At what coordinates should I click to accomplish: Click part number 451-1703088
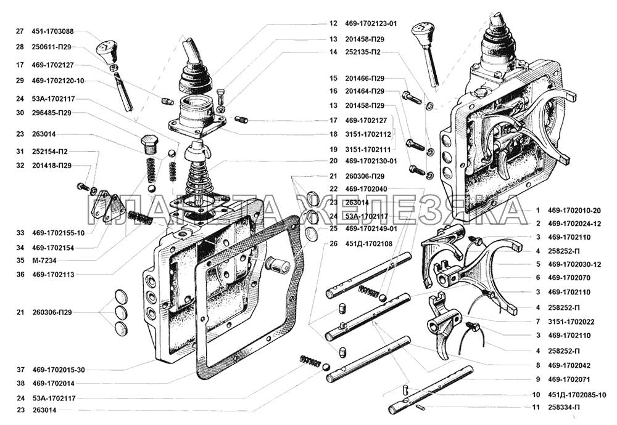coord(52,31)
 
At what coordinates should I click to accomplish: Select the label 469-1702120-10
coord(57,81)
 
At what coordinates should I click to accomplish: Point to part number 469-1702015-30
coord(58,370)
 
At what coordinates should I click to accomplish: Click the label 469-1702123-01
coord(371,23)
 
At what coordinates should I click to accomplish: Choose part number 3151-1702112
coord(368,134)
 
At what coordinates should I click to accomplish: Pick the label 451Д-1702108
coord(368,244)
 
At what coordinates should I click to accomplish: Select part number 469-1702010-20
coord(574,211)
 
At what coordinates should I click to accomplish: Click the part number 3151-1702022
coord(571,322)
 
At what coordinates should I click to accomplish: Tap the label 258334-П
coord(563,408)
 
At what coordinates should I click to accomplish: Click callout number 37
coord(20,370)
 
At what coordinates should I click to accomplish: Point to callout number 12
coord(333,23)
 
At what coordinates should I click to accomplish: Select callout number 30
coord(20,113)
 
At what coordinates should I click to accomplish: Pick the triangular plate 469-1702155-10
coord(107,206)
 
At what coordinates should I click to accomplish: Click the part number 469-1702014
coord(53,383)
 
